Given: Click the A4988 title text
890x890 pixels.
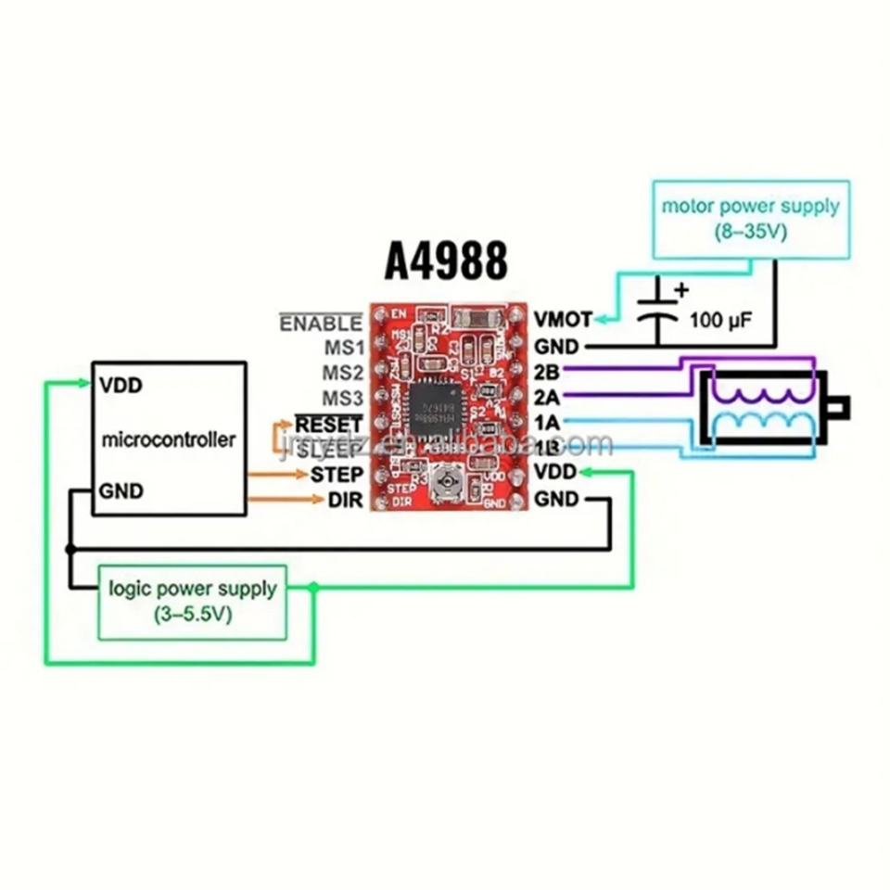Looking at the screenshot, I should point(447,261).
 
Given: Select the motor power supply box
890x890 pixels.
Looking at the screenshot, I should point(750,219).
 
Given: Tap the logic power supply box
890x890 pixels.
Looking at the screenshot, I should point(193,601).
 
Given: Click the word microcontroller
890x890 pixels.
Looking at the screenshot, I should point(168,439).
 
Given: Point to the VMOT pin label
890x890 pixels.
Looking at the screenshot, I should point(562,320).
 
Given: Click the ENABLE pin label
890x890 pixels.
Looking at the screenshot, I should point(321,324).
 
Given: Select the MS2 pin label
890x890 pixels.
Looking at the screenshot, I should point(342,373).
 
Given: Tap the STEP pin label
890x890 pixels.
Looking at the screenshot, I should point(336,475).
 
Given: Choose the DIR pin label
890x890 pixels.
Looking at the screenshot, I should point(344,501).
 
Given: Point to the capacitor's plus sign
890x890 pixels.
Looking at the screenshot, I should point(681,289).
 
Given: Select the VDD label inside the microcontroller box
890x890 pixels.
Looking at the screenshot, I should point(121,385).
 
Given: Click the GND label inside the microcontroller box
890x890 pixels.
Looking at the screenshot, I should point(121,491).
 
